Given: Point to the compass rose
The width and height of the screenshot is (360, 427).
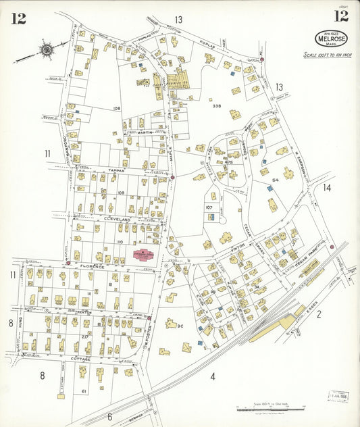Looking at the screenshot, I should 45,49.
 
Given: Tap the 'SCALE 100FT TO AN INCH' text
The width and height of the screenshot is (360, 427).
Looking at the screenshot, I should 328,55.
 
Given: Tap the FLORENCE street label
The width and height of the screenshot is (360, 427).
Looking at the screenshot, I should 95,267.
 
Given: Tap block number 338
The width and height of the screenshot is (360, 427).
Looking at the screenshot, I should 216,106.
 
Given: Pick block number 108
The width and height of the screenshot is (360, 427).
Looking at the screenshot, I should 117,109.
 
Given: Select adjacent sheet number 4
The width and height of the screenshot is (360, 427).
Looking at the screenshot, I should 211,375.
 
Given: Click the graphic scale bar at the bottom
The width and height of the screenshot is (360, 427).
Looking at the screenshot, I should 269,409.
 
